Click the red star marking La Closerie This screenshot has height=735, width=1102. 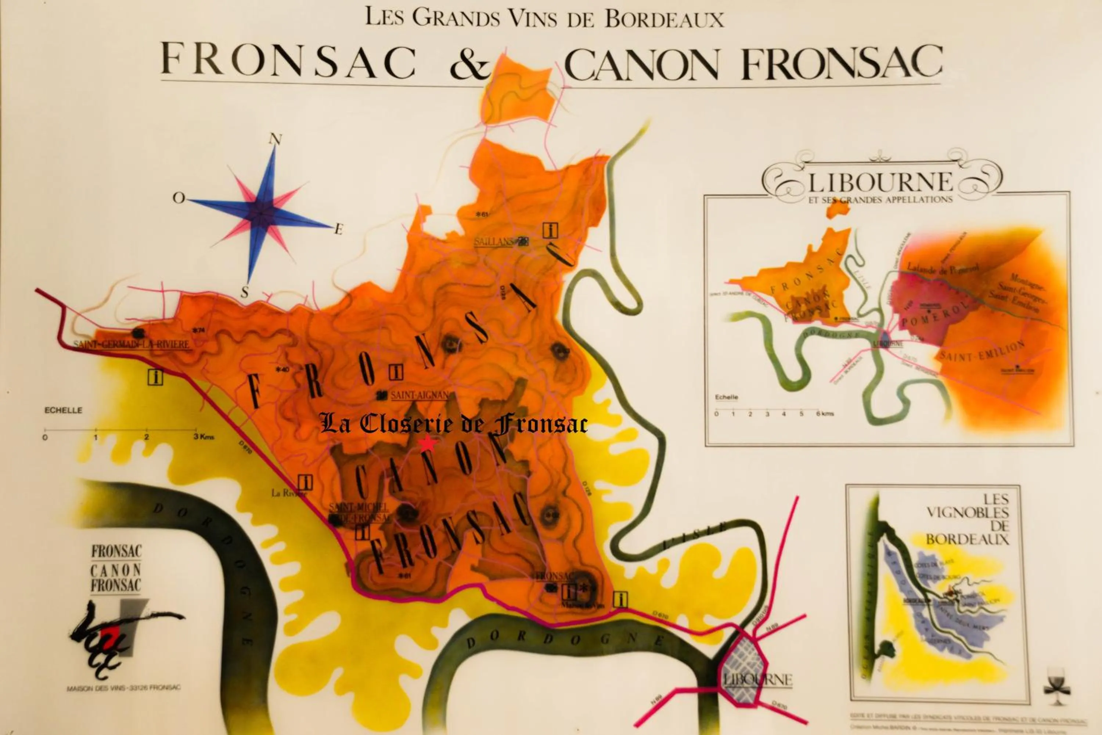[x=427, y=443]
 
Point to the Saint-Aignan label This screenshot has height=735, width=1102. [x=420, y=395]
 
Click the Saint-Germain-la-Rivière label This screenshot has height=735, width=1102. [x=131, y=344]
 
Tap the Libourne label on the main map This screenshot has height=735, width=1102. [x=757, y=679]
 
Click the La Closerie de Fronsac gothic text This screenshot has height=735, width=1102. [x=453, y=424]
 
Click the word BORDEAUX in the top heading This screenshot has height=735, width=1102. [x=664, y=19]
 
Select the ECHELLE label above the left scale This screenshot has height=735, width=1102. [x=63, y=410]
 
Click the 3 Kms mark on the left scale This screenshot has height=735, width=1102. [x=203, y=437]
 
